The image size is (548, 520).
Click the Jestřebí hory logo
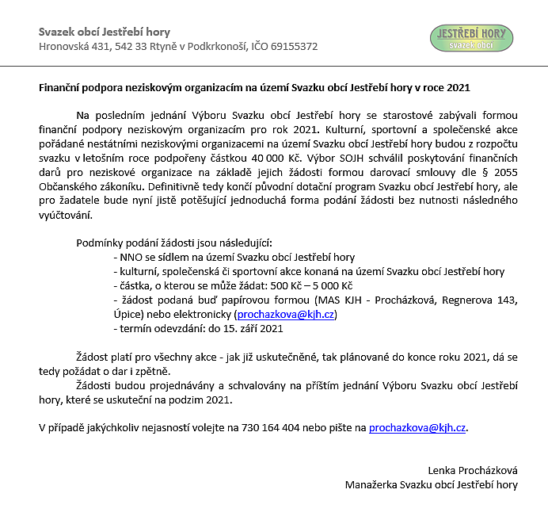point(471,37)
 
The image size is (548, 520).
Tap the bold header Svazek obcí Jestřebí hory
point(105,32)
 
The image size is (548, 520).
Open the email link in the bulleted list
point(287,315)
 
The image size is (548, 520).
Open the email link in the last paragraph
point(417,427)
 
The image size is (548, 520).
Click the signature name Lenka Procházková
point(473,470)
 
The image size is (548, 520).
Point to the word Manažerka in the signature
point(371,484)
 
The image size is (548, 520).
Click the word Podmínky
point(100,243)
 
